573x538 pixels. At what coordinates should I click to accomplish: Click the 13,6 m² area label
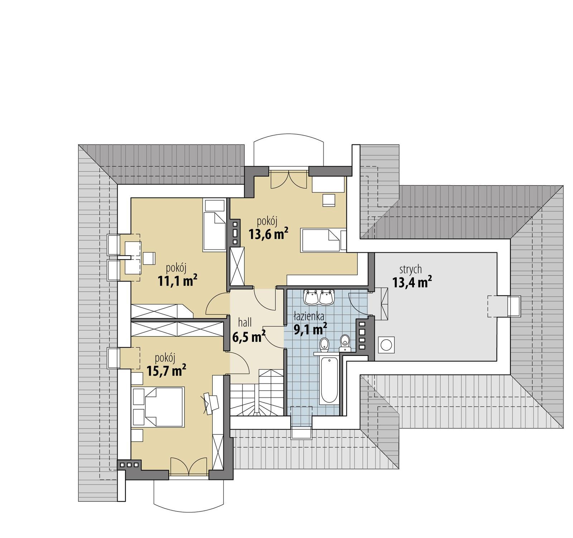(269, 234)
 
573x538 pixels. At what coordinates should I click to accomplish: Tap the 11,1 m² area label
(178, 281)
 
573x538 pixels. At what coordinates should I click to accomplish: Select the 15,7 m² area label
(166, 371)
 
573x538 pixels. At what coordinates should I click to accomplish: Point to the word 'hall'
(245, 323)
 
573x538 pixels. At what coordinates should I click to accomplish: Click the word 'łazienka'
(309, 316)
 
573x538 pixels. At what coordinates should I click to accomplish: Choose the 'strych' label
(410, 269)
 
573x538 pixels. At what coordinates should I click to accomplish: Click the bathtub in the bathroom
(329, 381)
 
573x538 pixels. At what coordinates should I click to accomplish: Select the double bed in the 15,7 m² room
(158, 406)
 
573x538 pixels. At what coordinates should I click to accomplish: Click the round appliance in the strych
(386, 345)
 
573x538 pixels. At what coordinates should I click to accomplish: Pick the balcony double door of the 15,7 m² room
(189, 466)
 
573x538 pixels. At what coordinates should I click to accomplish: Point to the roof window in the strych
(504, 306)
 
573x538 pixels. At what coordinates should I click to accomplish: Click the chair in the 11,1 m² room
(149, 258)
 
